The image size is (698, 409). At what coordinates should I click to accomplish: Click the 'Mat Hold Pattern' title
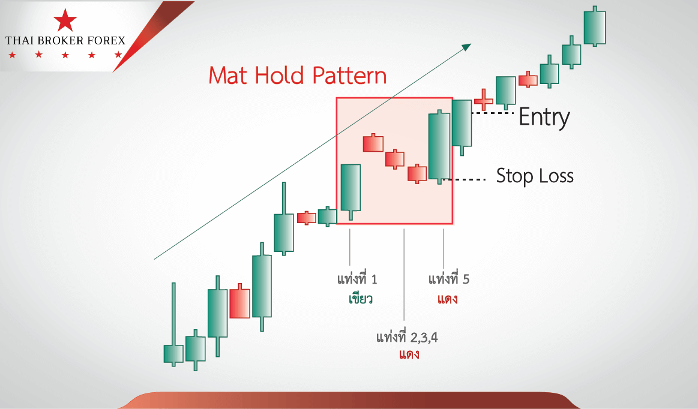pyautogui.click(x=297, y=75)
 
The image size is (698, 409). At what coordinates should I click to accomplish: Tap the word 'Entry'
pyautogui.click(x=544, y=117)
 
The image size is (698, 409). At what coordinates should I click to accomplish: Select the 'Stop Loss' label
pyautogui.click(x=535, y=176)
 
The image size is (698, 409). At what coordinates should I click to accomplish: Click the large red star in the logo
pyautogui.click(x=65, y=20)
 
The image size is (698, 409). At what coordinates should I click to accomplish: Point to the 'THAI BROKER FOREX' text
pyautogui.click(x=65, y=41)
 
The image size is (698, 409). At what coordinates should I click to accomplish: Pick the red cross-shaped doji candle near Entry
pyautogui.click(x=483, y=100)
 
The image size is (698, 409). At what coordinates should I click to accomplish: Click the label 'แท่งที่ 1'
pyautogui.click(x=357, y=279)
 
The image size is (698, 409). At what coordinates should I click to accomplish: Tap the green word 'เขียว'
pyautogui.click(x=361, y=298)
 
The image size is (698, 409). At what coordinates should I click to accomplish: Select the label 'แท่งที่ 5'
pyautogui.click(x=449, y=279)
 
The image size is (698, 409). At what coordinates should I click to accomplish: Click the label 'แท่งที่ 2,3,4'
pyautogui.click(x=407, y=337)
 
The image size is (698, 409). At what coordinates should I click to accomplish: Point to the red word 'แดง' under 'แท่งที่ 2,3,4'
pyautogui.click(x=409, y=354)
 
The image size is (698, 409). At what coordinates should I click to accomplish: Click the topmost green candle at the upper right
pyautogui.click(x=595, y=28)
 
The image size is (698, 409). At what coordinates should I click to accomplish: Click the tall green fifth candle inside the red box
pyautogui.click(x=439, y=146)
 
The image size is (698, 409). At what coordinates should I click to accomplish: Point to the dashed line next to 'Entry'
pyautogui.click(x=492, y=113)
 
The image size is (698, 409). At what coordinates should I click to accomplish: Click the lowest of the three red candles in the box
pyautogui.click(x=417, y=173)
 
